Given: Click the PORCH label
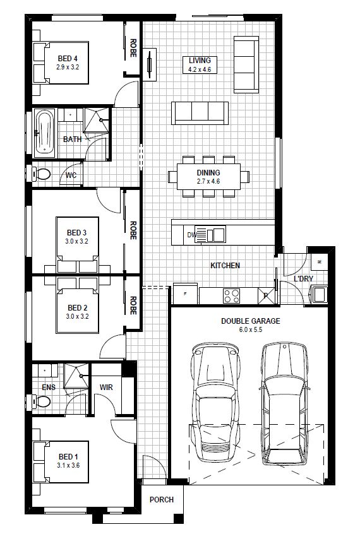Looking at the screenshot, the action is coord(161,499).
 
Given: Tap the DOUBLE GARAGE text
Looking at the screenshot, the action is coord(250,321).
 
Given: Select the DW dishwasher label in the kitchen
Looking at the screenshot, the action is coord(191,235).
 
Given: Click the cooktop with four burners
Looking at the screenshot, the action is coord(231,296).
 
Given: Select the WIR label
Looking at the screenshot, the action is coord(106,388).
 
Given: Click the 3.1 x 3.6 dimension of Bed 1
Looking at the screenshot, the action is coord(68,465).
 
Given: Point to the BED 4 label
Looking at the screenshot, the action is coord(68,59).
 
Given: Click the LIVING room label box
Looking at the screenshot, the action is coord(200,64).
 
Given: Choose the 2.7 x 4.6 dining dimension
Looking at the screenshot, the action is coord(208,181).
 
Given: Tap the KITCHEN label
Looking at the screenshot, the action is coord(225,265).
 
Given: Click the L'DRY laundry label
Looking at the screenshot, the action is coord(303,278).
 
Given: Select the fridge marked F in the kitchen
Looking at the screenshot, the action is coord(185,294).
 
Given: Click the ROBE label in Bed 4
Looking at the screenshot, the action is coord(133,48).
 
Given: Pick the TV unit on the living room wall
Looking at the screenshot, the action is coord(150,64).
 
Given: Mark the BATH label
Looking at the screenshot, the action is coord(72,139).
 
